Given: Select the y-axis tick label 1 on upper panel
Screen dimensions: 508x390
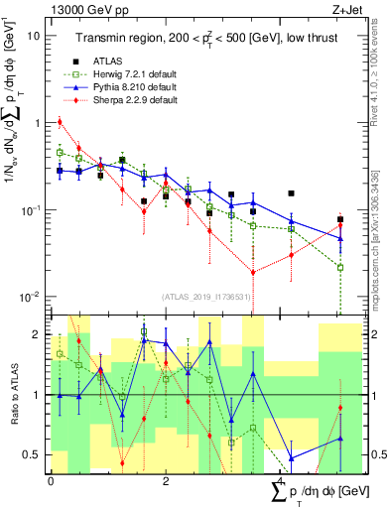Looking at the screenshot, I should pyautogui.click(x=37, y=123).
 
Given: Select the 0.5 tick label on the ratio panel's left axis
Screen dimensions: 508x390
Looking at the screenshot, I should pyautogui.click(x=34, y=454).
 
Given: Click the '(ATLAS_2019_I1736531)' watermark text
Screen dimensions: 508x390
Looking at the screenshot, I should pyautogui.click(x=205, y=296).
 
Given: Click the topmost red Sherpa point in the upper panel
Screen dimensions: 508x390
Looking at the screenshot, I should pyautogui.click(x=61, y=122).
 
